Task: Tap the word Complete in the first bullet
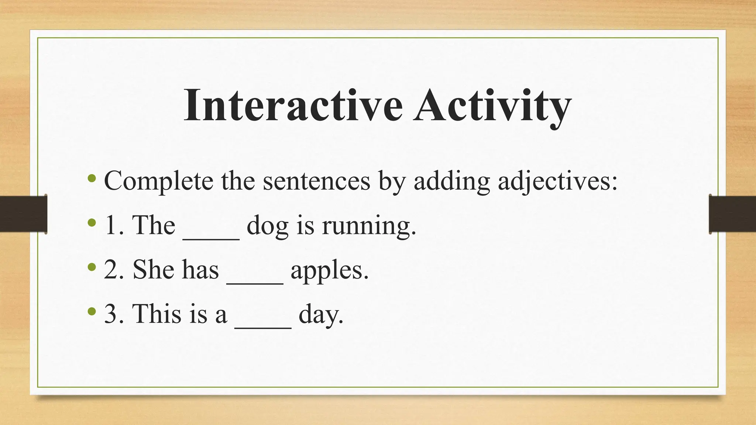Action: pos(159,182)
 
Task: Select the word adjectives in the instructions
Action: pos(558,182)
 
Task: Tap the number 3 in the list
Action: pos(111,314)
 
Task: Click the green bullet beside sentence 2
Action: pos(92,267)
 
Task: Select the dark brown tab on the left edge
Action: pos(23,214)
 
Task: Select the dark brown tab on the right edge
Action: pos(732,214)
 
